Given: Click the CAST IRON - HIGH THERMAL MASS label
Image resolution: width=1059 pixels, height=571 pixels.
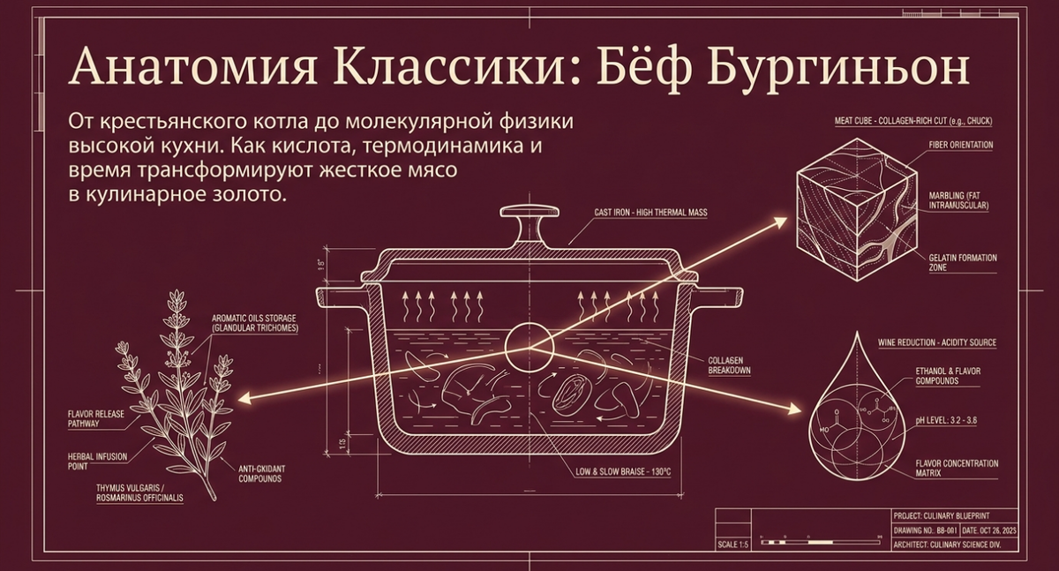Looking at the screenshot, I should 651,213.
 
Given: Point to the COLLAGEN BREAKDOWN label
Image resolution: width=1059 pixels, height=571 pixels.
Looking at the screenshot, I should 729,365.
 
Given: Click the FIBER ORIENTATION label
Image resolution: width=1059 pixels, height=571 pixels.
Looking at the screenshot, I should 960,145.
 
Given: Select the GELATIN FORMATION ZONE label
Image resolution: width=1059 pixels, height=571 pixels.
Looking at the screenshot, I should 962,262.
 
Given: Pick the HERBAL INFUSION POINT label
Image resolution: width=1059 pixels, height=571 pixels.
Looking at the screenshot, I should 97,461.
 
